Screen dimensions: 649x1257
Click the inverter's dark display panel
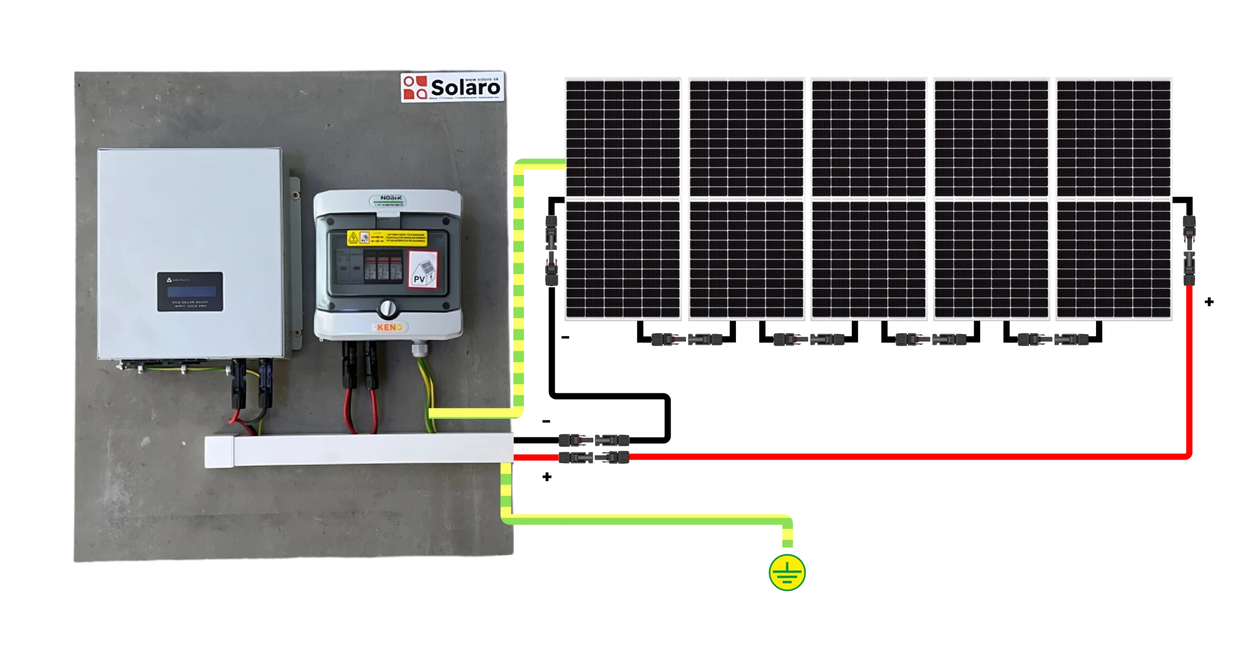tap(190, 291)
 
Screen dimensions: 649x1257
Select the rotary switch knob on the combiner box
tap(387, 309)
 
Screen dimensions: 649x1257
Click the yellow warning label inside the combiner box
tap(387, 238)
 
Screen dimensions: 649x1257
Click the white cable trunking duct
tap(358, 450)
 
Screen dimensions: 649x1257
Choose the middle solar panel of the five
tap(869, 198)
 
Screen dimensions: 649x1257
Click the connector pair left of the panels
tap(550, 251)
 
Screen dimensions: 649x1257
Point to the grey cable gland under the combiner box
tap(418, 350)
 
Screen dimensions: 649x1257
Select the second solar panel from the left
tap(746, 198)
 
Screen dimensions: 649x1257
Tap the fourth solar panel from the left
tap(991, 198)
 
